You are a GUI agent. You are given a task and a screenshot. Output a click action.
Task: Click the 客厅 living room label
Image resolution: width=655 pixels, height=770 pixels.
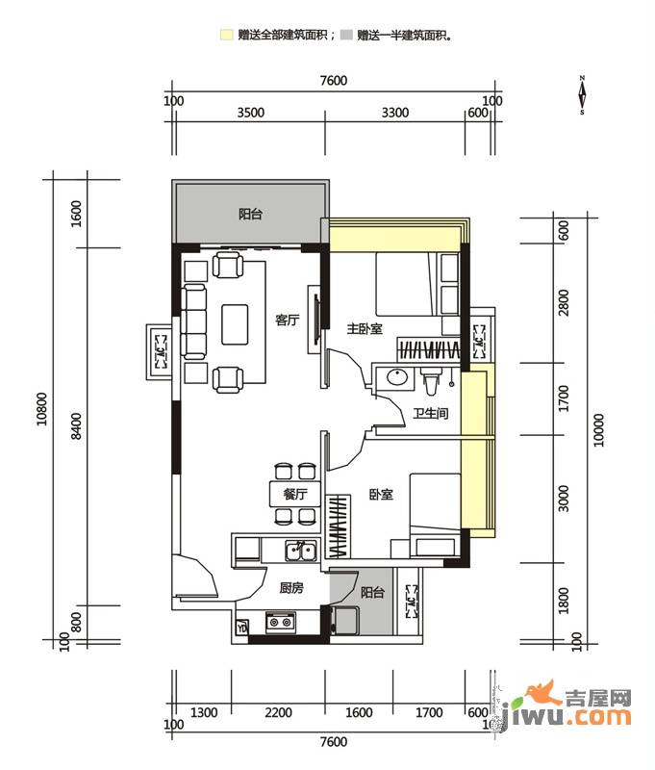pyautogui.click(x=287, y=321)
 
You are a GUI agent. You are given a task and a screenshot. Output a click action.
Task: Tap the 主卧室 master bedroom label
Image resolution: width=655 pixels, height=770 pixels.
pyautogui.click(x=365, y=329)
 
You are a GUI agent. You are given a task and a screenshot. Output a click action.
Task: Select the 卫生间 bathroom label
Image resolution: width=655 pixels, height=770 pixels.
pyautogui.click(x=432, y=415)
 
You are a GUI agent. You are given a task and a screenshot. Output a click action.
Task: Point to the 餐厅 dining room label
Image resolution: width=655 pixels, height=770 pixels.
pyautogui.click(x=294, y=494)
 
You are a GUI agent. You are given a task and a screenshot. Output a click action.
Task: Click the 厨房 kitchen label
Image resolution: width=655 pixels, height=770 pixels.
pyautogui.click(x=291, y=587)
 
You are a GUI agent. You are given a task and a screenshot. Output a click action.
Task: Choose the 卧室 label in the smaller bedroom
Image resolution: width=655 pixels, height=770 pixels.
pyautogui.click(x=380, y=495)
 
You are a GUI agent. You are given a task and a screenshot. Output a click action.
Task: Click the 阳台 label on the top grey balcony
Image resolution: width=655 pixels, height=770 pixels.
pyautogui.click(x=250, y=215)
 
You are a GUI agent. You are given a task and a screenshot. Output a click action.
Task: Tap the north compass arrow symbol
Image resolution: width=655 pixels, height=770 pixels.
pyautogui.click(x=582, y=95)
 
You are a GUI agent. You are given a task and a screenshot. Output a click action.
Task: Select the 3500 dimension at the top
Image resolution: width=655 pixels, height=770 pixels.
pyautogui.click(x=250, y=113)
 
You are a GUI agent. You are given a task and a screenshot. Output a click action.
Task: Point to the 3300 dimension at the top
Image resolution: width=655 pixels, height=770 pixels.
pyautogui.click(x=394, y=113)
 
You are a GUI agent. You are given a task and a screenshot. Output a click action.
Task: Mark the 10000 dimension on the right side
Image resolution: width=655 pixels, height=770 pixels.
pyautogui.click(x=598, y=433)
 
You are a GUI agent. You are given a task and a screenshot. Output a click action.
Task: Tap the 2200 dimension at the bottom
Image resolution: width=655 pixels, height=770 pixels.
pyautogui.click(x=278, y=713)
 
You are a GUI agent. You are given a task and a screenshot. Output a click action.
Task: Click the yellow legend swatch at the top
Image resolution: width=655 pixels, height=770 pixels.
pyautogui.click(x=225, y=35)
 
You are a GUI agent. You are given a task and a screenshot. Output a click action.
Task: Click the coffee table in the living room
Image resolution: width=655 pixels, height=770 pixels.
pyautogui.click(x=236, y=323)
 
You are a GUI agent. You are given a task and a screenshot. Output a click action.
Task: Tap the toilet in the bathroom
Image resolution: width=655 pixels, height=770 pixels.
pyautogui.click(x=431, y=382)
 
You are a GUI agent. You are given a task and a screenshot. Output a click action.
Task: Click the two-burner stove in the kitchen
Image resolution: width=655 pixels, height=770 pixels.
pyautogui.click(x=280, y=624)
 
